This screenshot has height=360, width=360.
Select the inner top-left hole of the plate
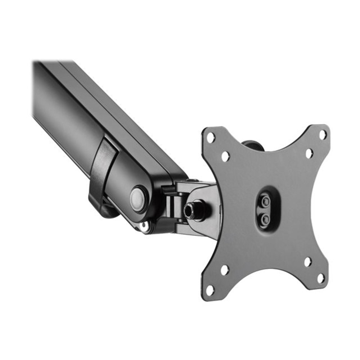point(225,156)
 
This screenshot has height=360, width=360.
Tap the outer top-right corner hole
point(323,134)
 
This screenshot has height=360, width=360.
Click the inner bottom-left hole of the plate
point(224,270)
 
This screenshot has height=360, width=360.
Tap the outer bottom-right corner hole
point(321,279)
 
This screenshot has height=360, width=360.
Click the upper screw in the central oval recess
point(266,202)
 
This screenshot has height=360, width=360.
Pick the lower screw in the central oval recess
point(265,219)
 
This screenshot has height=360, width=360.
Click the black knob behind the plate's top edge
point(254,145)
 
